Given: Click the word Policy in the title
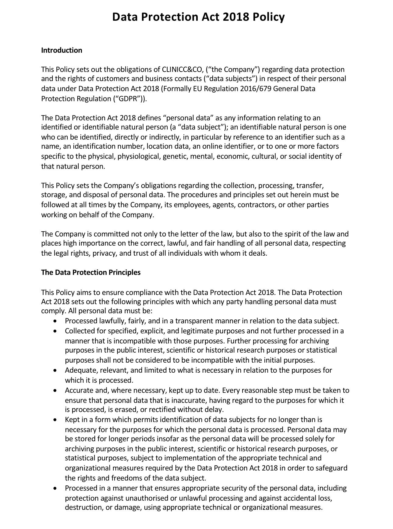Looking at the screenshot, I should (x=268, y=17).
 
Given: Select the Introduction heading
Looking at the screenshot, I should (x=62, y=50).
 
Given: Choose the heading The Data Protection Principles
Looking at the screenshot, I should (x=91, y=272).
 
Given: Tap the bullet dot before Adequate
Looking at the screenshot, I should (x=55, y=370).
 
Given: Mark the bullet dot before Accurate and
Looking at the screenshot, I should (x=55, y=390).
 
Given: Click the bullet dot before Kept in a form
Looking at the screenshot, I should (x=55, y=420).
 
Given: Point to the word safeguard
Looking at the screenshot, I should (x=332, y=468).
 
